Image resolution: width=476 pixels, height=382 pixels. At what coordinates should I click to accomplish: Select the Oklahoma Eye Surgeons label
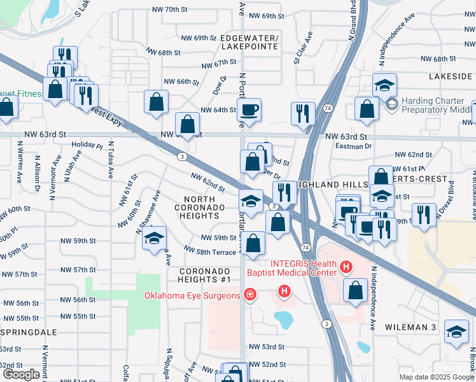192,295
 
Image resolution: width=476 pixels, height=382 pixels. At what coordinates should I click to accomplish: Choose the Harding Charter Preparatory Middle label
437,105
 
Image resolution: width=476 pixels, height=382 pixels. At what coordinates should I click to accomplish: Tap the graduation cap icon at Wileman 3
456,331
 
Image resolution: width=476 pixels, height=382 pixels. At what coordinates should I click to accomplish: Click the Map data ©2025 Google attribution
436,377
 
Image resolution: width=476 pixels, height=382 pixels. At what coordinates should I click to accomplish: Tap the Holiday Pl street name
87,145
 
